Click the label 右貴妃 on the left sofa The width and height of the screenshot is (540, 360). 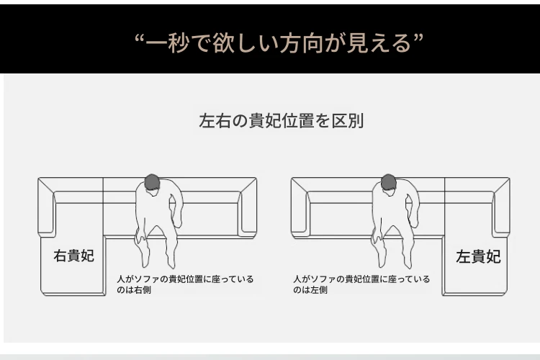73,256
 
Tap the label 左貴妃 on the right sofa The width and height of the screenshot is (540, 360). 478,256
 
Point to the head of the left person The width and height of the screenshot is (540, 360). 152,183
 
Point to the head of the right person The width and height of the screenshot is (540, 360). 389,182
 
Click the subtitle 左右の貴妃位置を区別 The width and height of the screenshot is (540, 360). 281,120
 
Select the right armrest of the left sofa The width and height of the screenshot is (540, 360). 248,207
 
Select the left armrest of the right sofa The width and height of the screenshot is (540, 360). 300,207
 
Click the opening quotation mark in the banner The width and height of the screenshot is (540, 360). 139,38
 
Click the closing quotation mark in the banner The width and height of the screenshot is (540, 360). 418,38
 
